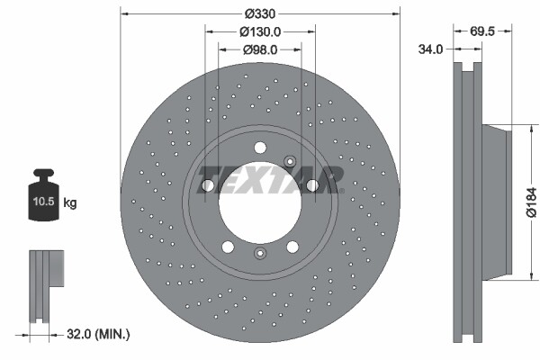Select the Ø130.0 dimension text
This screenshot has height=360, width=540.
click(260, 31)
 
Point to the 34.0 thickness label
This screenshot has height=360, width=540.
click(431, 49)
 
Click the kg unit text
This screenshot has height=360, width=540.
click(70, 203)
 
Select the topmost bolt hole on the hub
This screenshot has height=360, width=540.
click(260, 148)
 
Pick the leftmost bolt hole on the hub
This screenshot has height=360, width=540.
click(207, 185)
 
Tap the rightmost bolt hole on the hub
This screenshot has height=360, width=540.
click(312, 185)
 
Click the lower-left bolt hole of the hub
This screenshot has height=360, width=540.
click(228, 248)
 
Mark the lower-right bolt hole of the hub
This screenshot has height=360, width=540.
click(292, 248)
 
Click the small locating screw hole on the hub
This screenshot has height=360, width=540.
click(290, 161)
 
